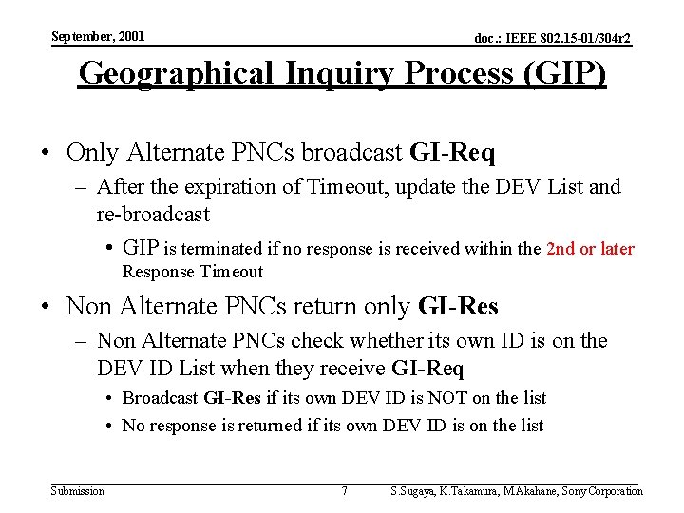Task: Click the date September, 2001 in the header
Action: click(x=98, y=36)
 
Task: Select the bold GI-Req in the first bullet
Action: click(x=452, y=152)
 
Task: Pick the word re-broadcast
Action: click(x=153, y=214)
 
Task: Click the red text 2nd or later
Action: click(x=590, y=249)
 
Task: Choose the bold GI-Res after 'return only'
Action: click(x=458, y=306)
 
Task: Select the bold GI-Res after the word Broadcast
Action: click(x=232, y=397)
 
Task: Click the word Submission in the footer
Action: click(x=78, y=490)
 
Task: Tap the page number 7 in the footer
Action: click(x=344, y=490)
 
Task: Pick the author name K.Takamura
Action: click(x=454, y=491)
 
